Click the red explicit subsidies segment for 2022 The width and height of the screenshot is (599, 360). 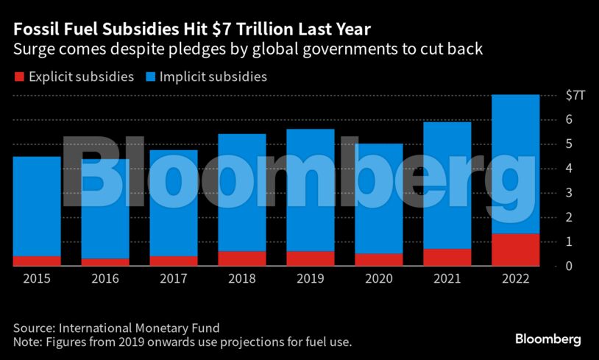pyautogui.click(x=515, y=250)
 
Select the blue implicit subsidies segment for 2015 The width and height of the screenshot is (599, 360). pyautogui.click(x=37, y=206)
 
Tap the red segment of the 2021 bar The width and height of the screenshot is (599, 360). pyautogui.click(x=447, y=257)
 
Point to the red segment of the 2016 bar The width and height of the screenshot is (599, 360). pyautogui.click(x=104, y=262)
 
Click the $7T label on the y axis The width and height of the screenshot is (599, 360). pyautogui.click(x=574, y=95)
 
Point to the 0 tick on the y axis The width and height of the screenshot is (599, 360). pyautogui.click(x=569, y=266)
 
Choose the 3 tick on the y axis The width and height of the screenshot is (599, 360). pyautogui.click(x=569, y=193)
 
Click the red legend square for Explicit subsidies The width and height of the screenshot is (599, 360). pyautogui.click(x=18, y=77)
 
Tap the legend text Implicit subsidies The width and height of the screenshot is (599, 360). pyautogui.click(x=213, y=77)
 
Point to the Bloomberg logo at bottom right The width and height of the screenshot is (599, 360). pyautogui.click(x=547, y=339)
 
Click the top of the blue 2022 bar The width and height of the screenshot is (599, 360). pyautogui.click(x=515, y=96)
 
